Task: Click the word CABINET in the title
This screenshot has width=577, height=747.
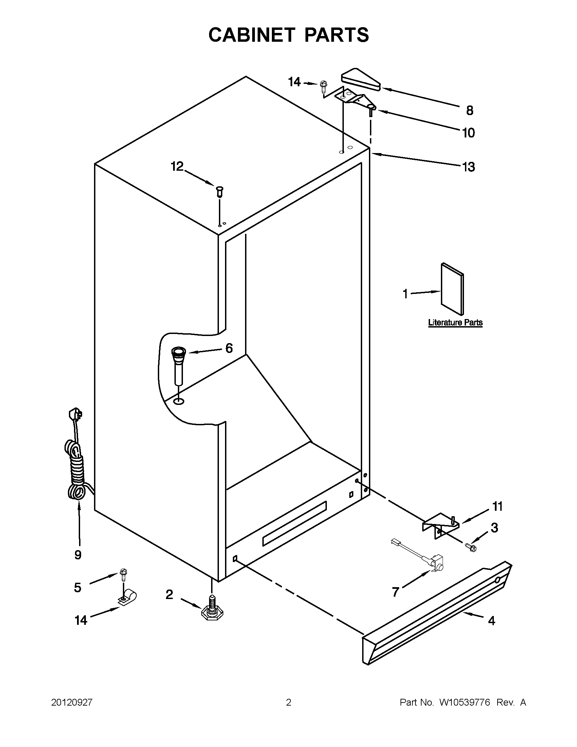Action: pos(252,35)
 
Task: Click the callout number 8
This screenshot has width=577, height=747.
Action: pos(470,110)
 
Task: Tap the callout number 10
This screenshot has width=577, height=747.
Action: pos(469,133)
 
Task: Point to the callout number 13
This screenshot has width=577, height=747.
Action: pos(468,167)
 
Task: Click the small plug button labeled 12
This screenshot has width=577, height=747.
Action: pos(220,190)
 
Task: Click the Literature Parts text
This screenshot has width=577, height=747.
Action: pos(455,322)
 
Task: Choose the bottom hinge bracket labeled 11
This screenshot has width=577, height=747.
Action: pos(441,525)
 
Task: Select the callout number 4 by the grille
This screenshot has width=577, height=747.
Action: pos(491,620)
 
